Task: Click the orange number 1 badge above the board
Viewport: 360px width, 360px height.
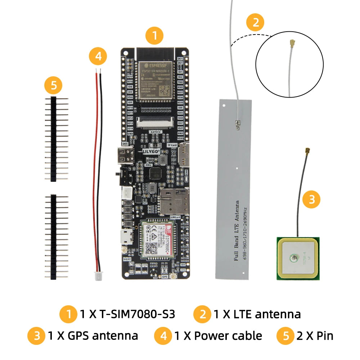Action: point(154,36)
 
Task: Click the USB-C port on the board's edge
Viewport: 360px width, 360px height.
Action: point(126,156)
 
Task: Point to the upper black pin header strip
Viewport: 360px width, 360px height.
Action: point(54,139)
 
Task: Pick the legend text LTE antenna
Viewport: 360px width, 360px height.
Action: point(257,314)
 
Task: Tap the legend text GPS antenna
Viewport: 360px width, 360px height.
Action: point(93,336)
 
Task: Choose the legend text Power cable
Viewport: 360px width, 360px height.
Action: point(218,336)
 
